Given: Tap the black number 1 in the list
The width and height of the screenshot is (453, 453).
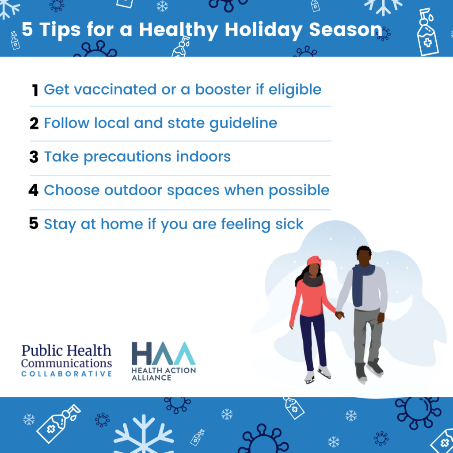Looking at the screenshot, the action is coord(35,90).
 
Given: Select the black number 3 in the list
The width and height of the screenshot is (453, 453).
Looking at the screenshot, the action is coord(34,157).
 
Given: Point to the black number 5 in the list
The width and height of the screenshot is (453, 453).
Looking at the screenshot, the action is coord(34,223).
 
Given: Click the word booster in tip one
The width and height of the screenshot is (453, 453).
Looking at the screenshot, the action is coord(223,90).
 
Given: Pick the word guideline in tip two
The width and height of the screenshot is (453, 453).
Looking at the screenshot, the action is coord(243,124).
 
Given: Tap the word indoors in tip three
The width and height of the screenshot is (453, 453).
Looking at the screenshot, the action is coord(203,156).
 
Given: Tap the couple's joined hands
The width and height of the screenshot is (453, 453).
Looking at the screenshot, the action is coord(339,315).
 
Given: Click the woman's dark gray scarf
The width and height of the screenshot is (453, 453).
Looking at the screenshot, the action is coord(313,279).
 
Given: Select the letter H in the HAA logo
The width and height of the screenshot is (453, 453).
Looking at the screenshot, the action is coord(141,353).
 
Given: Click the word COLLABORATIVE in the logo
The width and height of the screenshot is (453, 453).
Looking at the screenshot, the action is coord(66,374).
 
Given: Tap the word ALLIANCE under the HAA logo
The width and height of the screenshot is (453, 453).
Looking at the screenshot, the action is coord(152,377).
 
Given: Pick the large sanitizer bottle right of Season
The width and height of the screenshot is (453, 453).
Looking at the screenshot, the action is coord(427,32).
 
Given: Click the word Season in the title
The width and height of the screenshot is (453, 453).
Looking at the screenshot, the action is coord(346,30).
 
